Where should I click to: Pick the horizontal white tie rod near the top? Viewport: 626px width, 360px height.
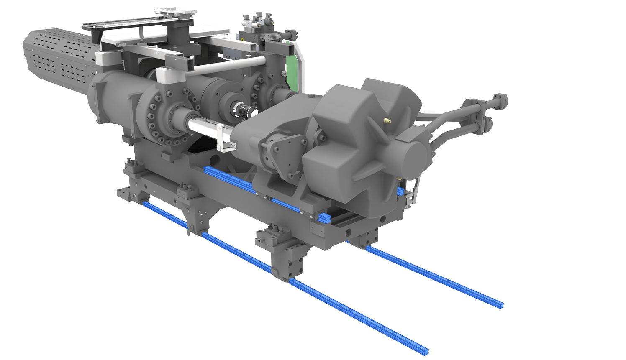(x=226, y=65)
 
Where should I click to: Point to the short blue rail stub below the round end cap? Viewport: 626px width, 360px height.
(x=400, y=191)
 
